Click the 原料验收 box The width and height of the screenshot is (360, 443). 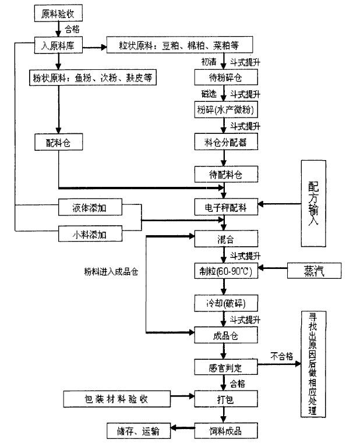pyautogui.click(x=58, y=12)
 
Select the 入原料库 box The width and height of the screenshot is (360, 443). pyautogui.click(x=59, y=45)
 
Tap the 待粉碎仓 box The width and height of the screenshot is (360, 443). pyautogui.click(x=224, y=79)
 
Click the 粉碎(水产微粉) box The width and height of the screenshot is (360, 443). pyautogui.click(x=224, y=110)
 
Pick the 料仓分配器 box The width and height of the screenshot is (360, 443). pyautogui.click(x=224, y=141)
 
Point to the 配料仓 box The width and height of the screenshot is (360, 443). pyautogui.click(x=58, y=141)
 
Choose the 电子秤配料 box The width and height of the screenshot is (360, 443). pyautogui.click(x=224, y=206)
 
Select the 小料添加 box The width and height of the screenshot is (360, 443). pyautogui.click(x=90, y=234)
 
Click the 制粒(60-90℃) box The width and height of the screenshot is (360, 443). pyautogui.click(x=224, y=270)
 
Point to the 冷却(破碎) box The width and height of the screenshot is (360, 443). pyautogui.click(x=224, y=303)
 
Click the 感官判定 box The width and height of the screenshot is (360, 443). pyautogui.click(x=224, y=367)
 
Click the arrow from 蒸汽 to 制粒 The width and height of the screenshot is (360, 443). pyautogui.click(x=274, y=270)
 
